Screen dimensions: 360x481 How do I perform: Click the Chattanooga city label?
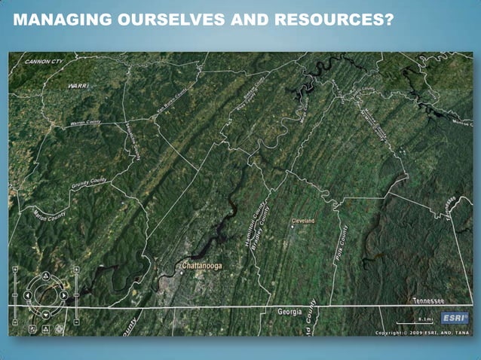pos(202,266)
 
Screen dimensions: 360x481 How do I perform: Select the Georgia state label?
pos(290,311)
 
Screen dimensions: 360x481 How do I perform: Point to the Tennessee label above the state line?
pos(427,300)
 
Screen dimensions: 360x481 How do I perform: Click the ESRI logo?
pos(455,317)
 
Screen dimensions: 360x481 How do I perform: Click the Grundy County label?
pos(90,184)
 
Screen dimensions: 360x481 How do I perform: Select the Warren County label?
pos(85,123)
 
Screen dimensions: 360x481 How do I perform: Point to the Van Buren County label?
pos(171,102)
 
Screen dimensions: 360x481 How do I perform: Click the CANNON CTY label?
pos(43,61)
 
